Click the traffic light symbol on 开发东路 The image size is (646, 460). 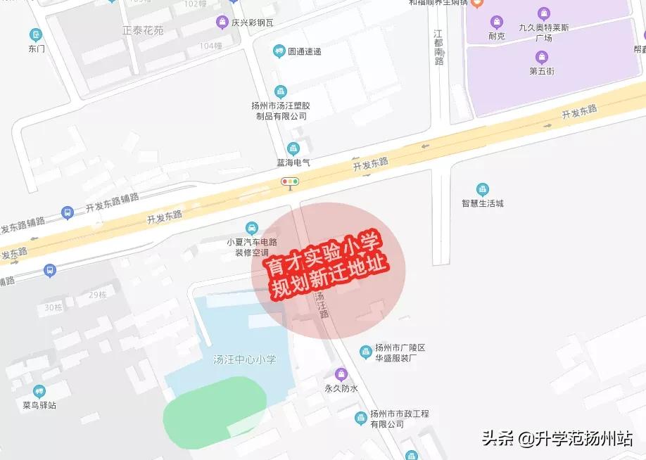290,182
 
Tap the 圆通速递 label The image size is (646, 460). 304,51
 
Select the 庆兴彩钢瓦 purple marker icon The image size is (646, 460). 222,22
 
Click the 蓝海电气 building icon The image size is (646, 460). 293,148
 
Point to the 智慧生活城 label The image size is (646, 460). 483,203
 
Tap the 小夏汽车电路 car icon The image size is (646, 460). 251,228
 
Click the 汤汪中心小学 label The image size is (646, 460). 244,360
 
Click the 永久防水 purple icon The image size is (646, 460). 341,373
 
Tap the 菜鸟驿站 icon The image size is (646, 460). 39,391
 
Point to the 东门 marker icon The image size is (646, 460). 36,34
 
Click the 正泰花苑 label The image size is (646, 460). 142,30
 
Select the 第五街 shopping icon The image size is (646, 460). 541,57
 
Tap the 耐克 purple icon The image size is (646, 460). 497,22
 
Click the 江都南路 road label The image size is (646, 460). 439,48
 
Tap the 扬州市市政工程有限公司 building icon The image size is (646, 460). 360,419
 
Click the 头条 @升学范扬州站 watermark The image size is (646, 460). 557,438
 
